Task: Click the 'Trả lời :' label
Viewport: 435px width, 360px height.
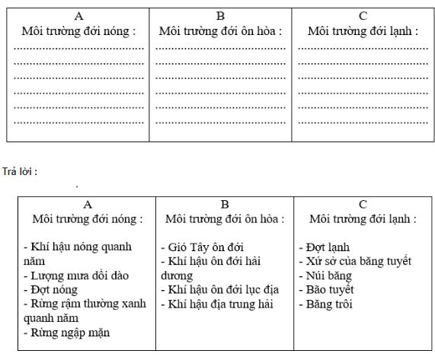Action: pos(21,171)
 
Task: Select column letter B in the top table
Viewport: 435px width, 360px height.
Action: pos(220,15)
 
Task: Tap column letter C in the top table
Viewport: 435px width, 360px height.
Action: pos(363,15)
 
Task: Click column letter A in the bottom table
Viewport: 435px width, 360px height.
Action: pos(88,204)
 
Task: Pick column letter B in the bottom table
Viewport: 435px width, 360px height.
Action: pos(225,204)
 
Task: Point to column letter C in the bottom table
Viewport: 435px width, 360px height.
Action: pos(363,204)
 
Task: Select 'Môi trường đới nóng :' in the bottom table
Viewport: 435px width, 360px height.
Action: pos(88,218)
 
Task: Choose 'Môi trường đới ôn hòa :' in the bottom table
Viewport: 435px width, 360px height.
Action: pos(225,218)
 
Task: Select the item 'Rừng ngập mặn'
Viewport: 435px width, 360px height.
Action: pos(64,333)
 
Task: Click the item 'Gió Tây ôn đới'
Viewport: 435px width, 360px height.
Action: pos(202,247)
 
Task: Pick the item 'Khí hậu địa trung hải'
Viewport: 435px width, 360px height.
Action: pos(217,304)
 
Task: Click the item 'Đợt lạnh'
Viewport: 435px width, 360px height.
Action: pos(325,247)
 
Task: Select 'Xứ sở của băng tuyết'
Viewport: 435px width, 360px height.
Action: pos(355,262)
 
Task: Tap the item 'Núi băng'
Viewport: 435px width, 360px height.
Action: pos(325,276)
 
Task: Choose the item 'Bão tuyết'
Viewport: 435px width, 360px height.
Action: pos(329,290)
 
